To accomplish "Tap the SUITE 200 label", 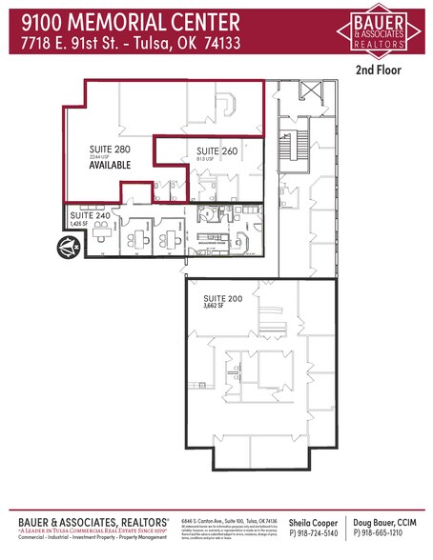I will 222,298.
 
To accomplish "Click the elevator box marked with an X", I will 311,92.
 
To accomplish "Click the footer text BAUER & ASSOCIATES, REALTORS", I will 93,523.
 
